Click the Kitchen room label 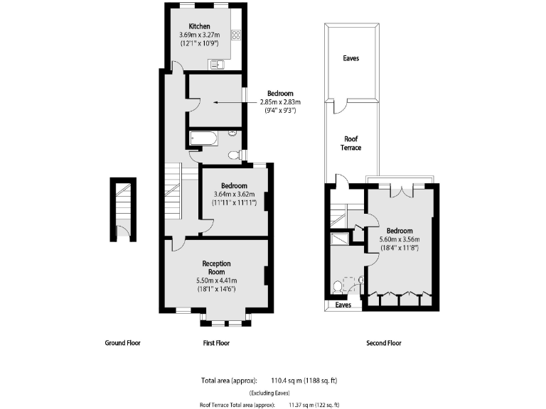(199, 27)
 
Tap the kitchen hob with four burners (236, 34)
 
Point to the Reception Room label (216, 268)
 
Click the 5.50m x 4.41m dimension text (216, 280)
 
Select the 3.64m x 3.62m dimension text (234, 194)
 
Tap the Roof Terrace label (351, 143)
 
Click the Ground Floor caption (123, 343)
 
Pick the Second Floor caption (384, 343)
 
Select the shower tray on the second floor (339, 239)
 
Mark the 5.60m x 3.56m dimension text (399, 239)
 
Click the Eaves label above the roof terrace (350, 58)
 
